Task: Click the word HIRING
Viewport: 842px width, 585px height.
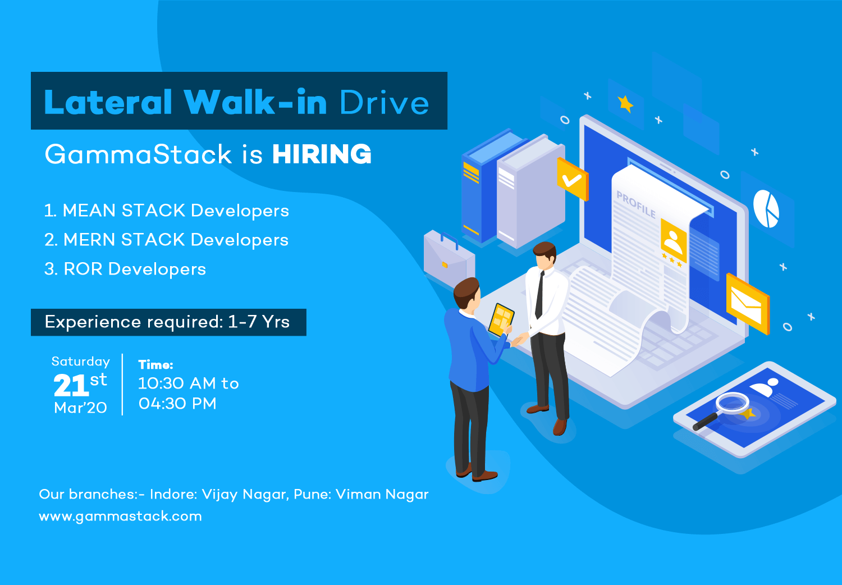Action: coord(322,154)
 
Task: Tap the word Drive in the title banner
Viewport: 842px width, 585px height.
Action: coord(384,102)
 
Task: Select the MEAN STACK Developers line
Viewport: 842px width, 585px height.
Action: coord(167,211)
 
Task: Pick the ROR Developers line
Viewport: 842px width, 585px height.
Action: coord(125,269)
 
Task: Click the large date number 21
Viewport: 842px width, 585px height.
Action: coord(71,385)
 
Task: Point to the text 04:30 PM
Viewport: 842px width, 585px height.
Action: coord(177,404)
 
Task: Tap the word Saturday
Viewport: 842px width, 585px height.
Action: coord(81,362)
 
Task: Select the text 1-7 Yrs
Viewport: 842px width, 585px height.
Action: coord(259,322)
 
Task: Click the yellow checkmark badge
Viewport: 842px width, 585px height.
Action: coord(573,179)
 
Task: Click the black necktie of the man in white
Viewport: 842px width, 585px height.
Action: coord(540,295)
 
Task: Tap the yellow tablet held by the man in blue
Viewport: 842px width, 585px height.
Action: coord(501,319)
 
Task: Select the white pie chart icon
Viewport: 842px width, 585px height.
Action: coord(766,209)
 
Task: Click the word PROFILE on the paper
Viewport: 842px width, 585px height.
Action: coord(635,204)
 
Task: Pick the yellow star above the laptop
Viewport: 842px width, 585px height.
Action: coord(625,104)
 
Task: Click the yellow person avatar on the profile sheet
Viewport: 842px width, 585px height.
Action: coord(674,241)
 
